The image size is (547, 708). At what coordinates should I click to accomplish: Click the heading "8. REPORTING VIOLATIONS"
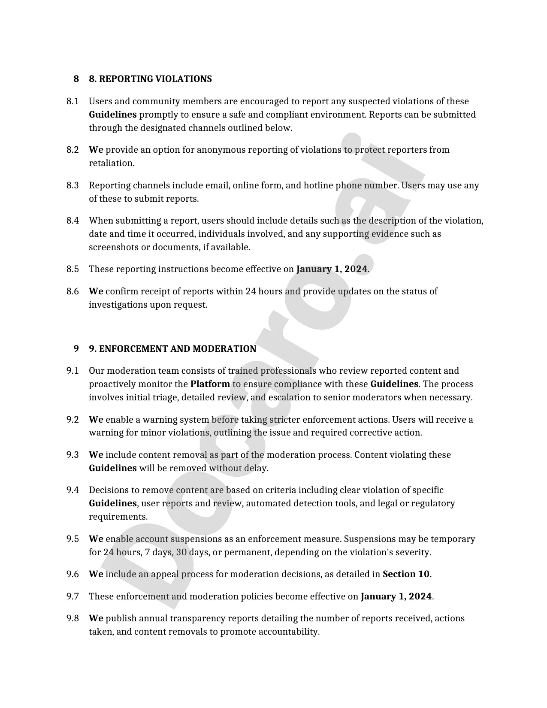(x=150, y=79)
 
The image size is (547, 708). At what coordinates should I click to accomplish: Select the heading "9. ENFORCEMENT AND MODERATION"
(x=172, y=349)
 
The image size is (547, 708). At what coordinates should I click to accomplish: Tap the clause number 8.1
(x=73, y=102)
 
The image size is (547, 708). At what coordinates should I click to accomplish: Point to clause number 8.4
(x=73, y=221)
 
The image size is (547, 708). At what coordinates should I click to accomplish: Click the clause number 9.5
(x=73, y=539)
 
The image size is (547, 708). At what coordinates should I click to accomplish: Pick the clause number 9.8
(x=73, y=618)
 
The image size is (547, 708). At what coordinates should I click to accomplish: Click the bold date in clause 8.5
(x=332, y=269)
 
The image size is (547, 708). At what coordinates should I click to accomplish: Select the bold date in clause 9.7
(x=396, y=596)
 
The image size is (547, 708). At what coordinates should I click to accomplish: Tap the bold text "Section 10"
(x=406, y=574)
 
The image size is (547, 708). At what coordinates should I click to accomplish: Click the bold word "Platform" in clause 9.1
(x=210, y=384)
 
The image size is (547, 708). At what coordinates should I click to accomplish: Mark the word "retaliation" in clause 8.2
(x=111, y=163)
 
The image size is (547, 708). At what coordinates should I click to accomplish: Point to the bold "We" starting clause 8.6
(x=96, y=291)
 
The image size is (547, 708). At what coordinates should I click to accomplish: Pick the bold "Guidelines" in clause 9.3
(x=112, y=468)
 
